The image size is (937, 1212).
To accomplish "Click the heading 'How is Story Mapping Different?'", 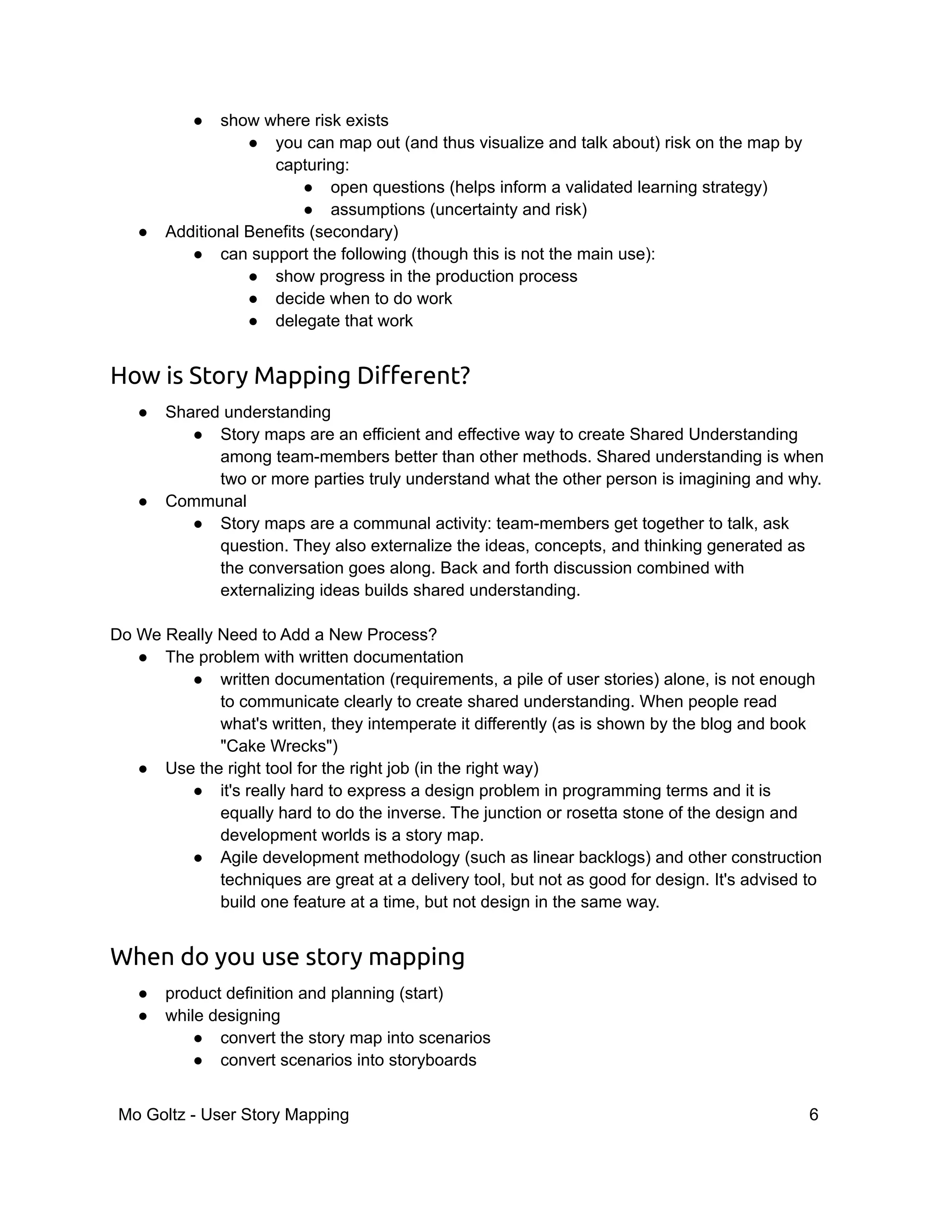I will click(x=290, y=375).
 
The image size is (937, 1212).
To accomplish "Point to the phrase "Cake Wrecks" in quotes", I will click(x=279, y=746).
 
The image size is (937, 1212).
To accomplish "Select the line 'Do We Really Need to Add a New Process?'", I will click(x=274, y=634).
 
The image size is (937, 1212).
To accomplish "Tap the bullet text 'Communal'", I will click(x=205, y=501).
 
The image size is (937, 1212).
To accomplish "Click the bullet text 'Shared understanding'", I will click(x=248, y=412).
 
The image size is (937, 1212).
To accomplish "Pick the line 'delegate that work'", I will click(x=344, y=321).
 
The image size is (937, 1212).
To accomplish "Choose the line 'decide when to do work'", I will click(x=364, y=299).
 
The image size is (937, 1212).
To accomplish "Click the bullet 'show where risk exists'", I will click(x=304, y=120).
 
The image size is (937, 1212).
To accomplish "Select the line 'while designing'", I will click(x=223, y=1015).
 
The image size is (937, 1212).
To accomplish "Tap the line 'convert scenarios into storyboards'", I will click(x=348, y=1060).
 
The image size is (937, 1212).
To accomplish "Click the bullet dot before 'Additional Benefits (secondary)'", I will click(x=143, y=232).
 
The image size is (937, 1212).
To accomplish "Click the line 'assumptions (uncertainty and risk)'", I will click(x=458, y=209).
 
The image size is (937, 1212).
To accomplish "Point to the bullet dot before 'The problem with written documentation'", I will click(x=143, y=657).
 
